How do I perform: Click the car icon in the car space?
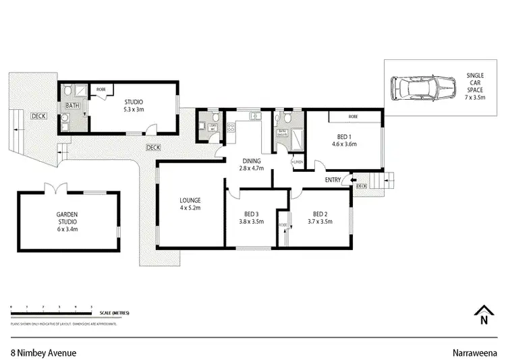point(425,88)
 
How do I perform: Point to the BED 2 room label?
point(320,218)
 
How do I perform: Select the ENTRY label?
point(333,180)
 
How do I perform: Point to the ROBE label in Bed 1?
point(353,117)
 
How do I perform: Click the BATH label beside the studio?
point(72,106)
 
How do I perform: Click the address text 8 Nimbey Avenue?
point(44,352)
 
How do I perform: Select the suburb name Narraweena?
point(474,352)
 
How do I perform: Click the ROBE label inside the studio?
point(101,89)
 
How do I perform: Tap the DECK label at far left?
point(38,116)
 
